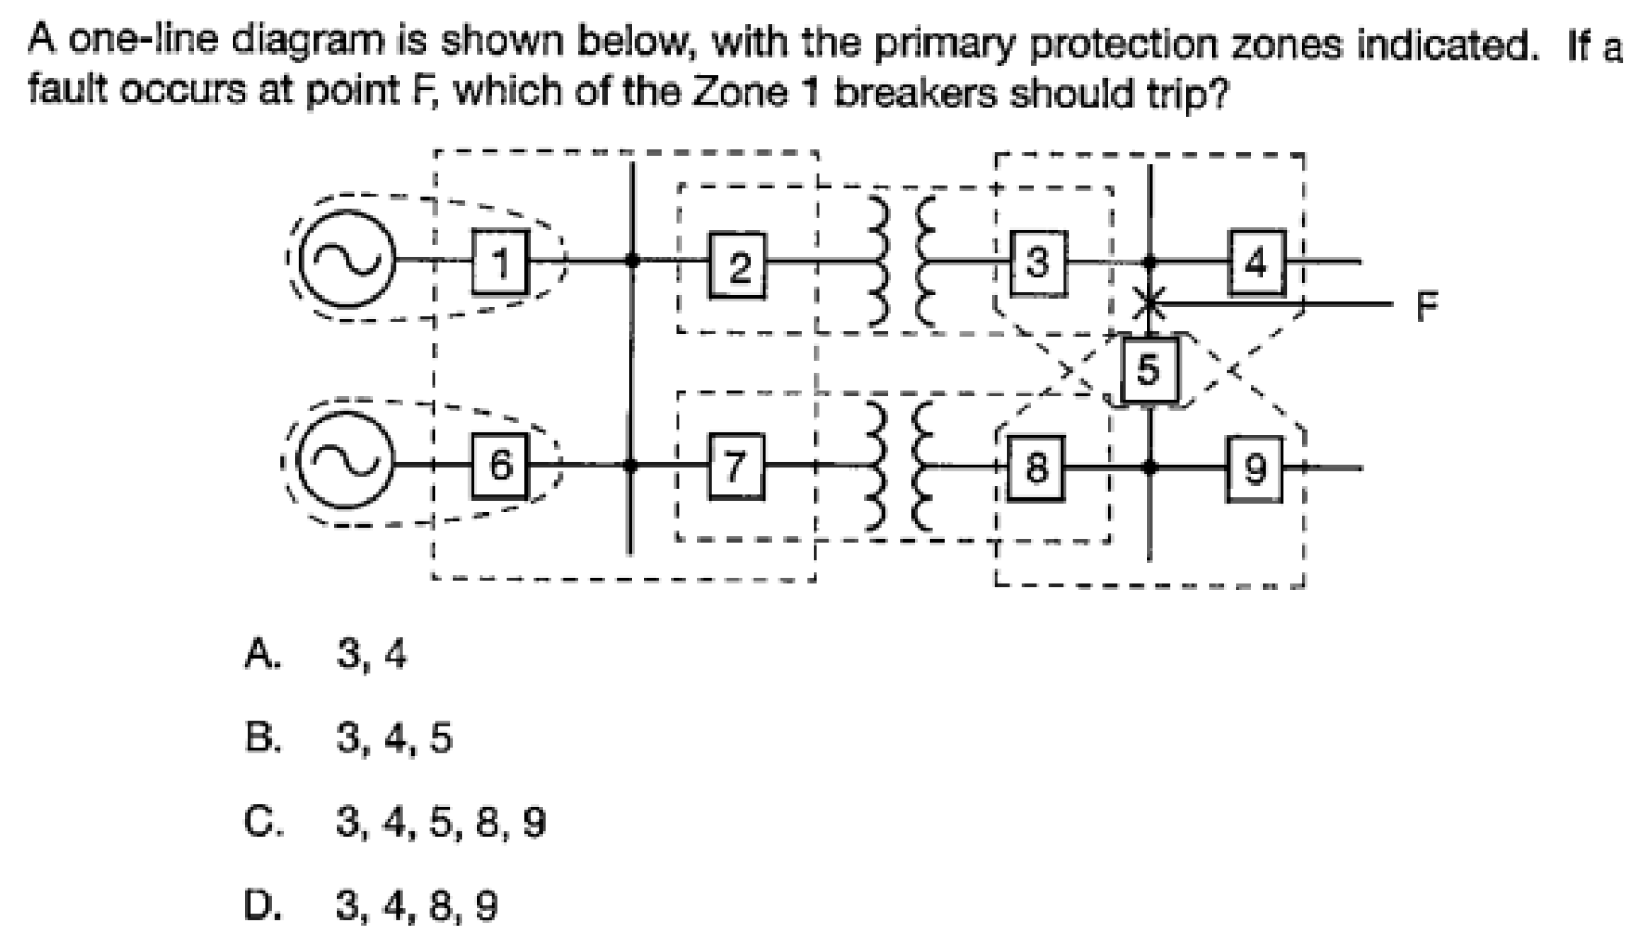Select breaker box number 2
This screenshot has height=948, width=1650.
[x=739, y=266]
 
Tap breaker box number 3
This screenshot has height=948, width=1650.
[x=1038, y=263]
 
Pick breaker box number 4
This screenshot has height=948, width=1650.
[x=1257, y=263]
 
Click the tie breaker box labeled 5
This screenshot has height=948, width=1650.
[x=1148, y=370]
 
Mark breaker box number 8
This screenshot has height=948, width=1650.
[x=1037, y=467]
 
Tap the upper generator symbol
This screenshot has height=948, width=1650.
[x=349, y=262]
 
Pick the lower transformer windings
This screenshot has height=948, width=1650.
[x=908, y=467]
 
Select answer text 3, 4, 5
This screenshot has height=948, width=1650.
[x=393, y=739]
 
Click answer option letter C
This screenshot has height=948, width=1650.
[x=261, y=822]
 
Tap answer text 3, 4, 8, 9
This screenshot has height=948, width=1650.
[x=417, y=904]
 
